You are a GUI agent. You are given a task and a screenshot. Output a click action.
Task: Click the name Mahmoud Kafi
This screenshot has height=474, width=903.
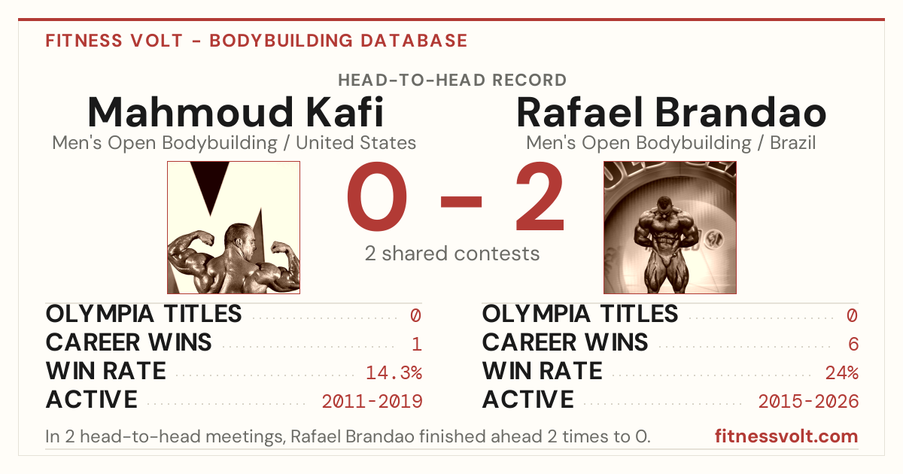pyautogui.click(x=236, y=112)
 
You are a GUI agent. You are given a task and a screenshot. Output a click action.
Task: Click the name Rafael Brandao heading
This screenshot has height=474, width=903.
pyautogui.click(x=671, y=112)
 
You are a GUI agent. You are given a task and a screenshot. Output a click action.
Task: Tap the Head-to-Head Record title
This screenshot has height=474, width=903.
pyautogui.click(x=452, y=81)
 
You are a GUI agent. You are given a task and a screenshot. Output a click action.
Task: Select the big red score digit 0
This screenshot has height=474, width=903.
pyautogui.click(x=377, y=196)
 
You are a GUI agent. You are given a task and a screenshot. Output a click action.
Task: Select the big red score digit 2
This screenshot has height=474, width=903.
pyautogui.click(x=540, y=196)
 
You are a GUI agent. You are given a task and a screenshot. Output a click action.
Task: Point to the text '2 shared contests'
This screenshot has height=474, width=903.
pyautogui.click(x=452, y=254)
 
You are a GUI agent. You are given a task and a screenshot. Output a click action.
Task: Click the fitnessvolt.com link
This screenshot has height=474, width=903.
pyautogui.click(x=786, y=436)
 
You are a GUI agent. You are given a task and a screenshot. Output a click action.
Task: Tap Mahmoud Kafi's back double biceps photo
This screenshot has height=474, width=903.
pyautogui.click(x=233, y=227)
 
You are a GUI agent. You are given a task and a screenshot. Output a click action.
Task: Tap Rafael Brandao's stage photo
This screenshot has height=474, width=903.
pyautogui.click(x=670, y=227)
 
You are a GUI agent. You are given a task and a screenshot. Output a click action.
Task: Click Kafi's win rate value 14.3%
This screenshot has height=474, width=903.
pyautogui.click(x=394, y=372)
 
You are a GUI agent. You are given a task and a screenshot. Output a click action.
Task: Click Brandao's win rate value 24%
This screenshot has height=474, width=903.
pyautogui.click(x=842, y=372)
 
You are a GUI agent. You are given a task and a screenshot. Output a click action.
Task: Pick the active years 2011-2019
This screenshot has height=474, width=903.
pyautogui.click(x=372, y=401)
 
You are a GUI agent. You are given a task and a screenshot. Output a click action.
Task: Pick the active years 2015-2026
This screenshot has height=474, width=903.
pyautogui.click(x=808, y=401)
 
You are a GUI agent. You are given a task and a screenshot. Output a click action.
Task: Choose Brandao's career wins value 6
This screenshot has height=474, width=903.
pyautogui.click(x=853, y=344)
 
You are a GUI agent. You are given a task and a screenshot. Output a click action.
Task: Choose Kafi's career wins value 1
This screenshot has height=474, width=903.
pyautogui.click(x=417, y=344)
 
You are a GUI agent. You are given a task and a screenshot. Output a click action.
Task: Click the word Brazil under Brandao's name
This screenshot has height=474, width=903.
pyautogui.click(x=792, y=143)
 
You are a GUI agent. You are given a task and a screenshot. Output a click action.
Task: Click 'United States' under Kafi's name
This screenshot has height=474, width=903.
pyautogui.click(x=356, y=143)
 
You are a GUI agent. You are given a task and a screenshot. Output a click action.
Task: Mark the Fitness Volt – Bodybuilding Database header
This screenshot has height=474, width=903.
pyautogui.click(x=257, y=41)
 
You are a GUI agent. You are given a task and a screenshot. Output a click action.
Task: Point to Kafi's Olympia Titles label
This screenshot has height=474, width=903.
pyautogui.click(x=144, y=314)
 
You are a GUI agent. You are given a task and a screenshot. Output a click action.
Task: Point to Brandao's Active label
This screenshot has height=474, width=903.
pyautogui.click(x=528, y=400)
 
